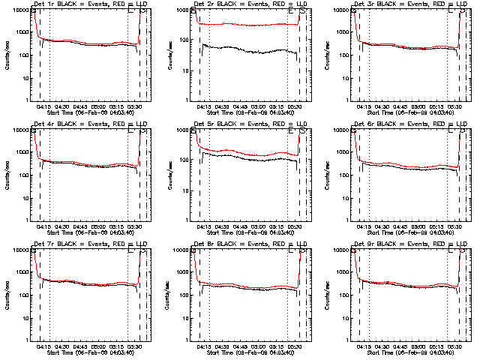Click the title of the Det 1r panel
point(88,4)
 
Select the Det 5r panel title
point(247,124)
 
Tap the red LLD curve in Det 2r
point(247,25)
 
